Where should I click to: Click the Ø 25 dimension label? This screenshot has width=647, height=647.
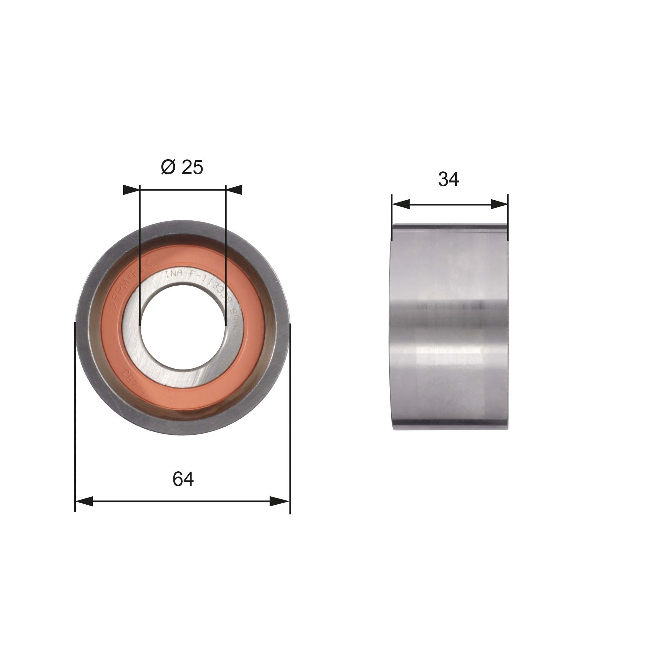[x=182, y=167]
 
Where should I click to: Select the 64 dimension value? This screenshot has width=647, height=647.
[x=183, y=479]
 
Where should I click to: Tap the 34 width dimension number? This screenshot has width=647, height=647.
[x=448, y=179]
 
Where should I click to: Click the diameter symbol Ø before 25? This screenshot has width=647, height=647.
[x=168, y=167]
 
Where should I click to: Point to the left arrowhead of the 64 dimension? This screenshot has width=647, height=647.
[x=84, y=501]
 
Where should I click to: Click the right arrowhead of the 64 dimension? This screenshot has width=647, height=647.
[x=280, y=501]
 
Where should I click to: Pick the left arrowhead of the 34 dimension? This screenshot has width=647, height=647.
[x=400, y=204]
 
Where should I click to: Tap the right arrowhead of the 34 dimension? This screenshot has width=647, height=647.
[x=499, y=204]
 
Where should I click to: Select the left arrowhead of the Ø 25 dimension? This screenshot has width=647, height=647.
[x=131, y=190]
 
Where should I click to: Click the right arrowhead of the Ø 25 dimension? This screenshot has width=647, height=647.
[x=234, y=190]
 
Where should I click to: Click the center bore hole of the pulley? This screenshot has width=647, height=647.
[x=183, y=327]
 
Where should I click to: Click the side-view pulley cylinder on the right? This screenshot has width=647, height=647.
[x=450, y=327]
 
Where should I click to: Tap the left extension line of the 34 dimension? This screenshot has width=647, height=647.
[x=391, y=218]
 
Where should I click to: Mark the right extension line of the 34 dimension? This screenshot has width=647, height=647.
[x=508, y=218]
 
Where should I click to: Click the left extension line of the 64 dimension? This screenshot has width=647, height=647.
[x=75, y=419]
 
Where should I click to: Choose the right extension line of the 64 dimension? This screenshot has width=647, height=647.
[x=290, y=419]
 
